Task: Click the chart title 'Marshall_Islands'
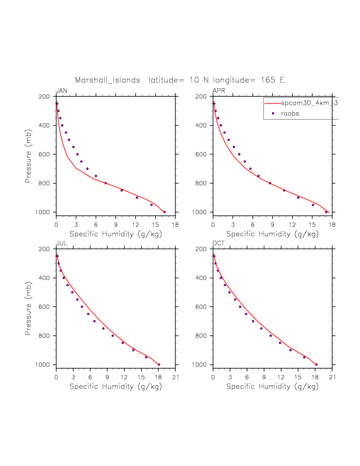pos(108,80)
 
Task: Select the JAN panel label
pos(61,91)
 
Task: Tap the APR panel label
pos(219,91)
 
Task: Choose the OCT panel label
pos(219,243)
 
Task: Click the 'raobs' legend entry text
pos(289,114)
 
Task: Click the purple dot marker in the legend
pos(273,114)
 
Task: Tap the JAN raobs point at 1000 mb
pos(165,212)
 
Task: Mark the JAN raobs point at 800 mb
pos(106,183)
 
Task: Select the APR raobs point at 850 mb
pos(284,190)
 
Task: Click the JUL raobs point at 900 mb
pos(133,350)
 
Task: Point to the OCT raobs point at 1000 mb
pos(316,364)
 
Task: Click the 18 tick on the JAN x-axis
pos(175,224)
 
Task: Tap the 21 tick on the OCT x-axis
pos(332,377)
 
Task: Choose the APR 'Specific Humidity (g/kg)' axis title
pos(272,233)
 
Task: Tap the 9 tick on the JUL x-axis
pos(107,377)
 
